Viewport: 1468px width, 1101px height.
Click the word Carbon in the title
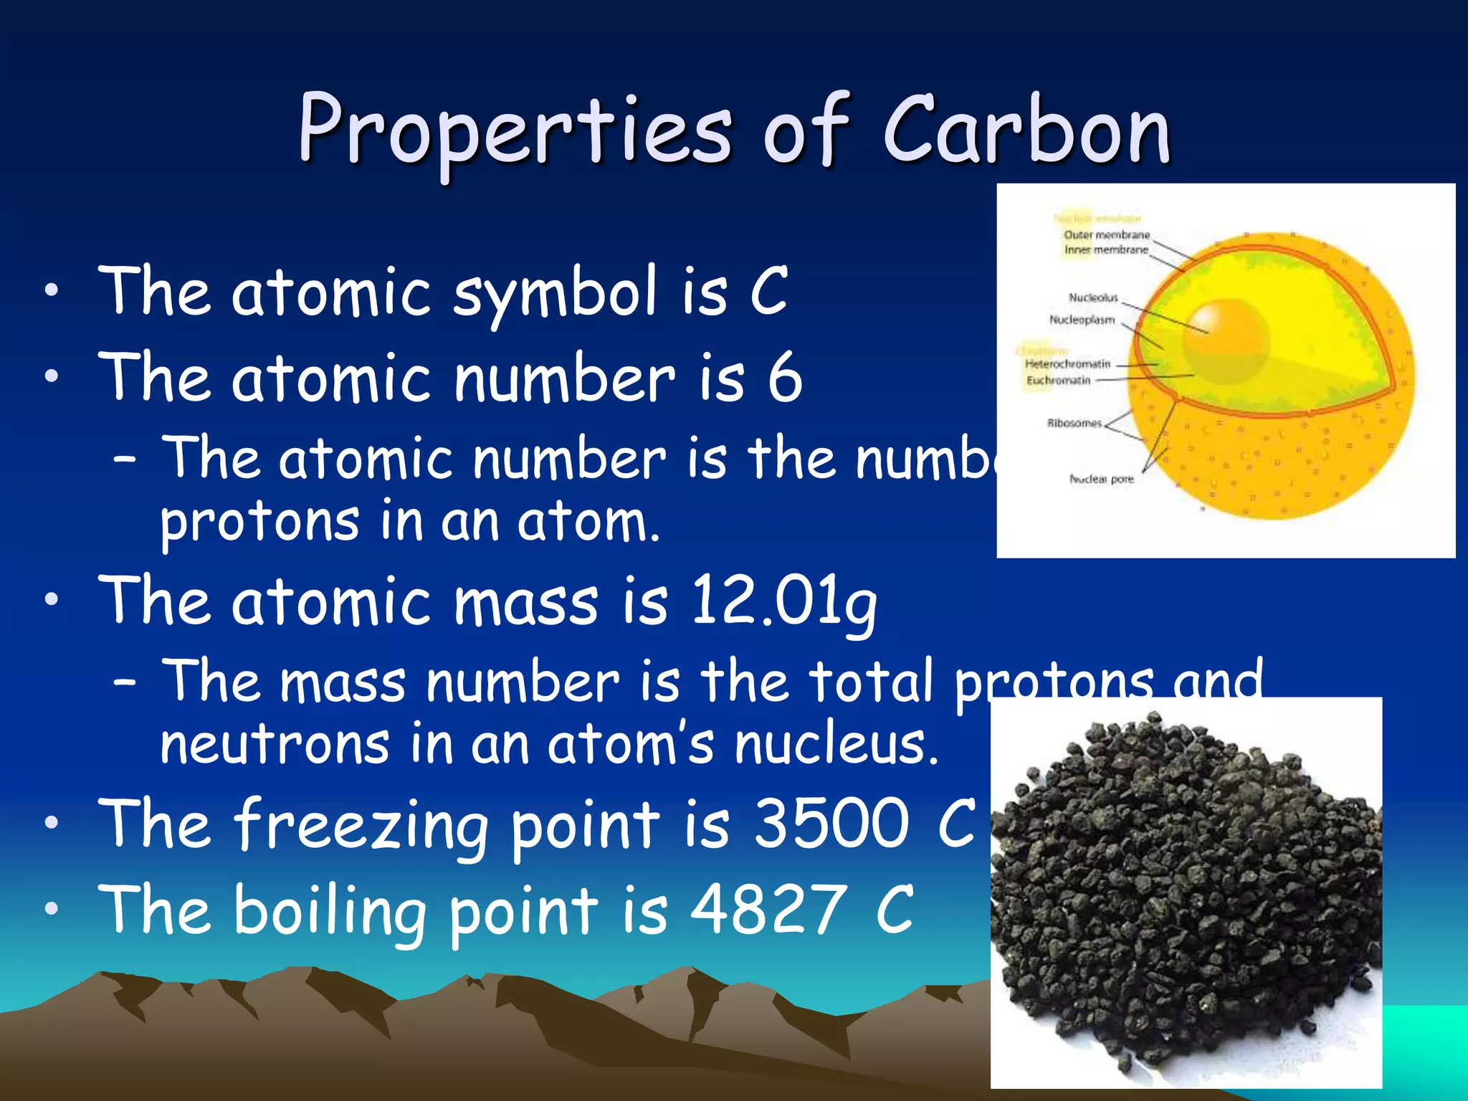pos(1026,130)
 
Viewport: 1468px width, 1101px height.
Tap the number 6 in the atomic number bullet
pos(785,378)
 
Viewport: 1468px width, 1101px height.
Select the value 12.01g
pos(783,601)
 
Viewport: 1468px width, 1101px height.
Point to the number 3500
pos(831,824)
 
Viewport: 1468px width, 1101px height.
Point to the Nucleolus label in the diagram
pos(1093,297)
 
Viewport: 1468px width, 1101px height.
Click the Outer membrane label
pos(1107,235)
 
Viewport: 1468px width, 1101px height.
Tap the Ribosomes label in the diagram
pos(1074,423)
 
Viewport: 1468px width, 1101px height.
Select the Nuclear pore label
pos(1102,479)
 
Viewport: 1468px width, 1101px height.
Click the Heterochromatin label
pos(1067,364)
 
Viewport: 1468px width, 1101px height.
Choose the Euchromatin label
pos(1058,380)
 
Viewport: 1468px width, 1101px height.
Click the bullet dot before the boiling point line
pos(50,910)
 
